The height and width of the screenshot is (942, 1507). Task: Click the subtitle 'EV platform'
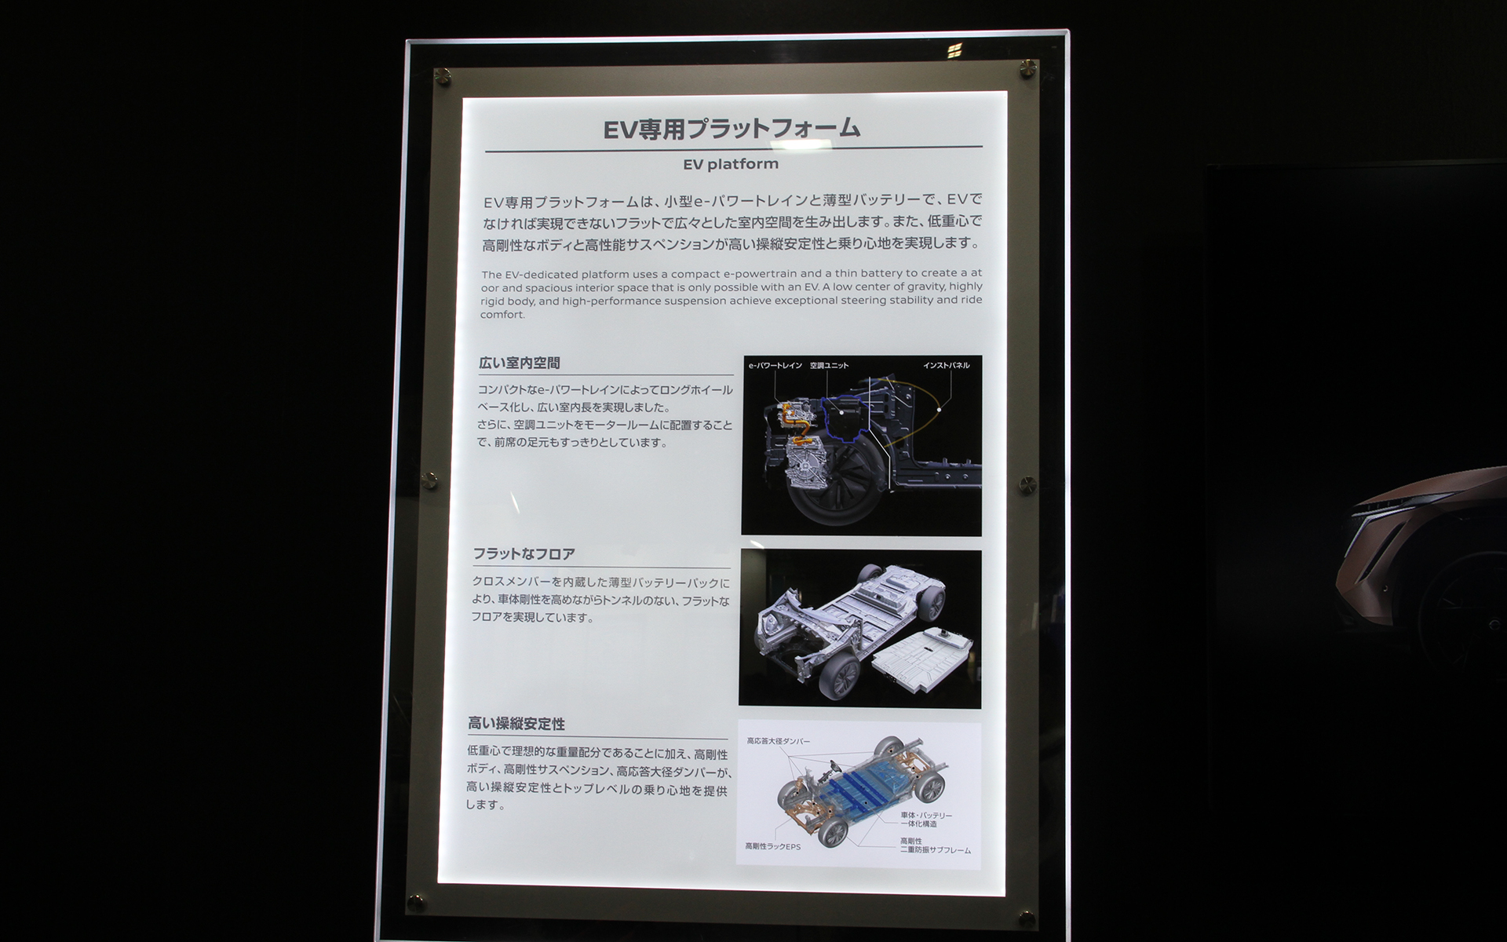pos(730,164)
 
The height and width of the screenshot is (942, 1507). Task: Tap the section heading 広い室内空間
pos(520,363)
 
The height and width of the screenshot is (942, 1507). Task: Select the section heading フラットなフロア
pos(524,554)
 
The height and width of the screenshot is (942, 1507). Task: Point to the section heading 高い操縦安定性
pos(516,724)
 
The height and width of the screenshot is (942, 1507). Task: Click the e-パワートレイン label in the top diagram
pos(775,366)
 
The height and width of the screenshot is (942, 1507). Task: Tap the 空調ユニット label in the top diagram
pos(829,366)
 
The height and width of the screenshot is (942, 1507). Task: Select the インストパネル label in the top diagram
pos(946,366)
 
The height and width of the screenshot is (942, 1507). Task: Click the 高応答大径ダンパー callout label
pos(778,741)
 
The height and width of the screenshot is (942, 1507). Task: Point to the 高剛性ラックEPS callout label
pos(772,847)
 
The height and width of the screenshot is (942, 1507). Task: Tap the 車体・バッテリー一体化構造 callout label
pos(926,820)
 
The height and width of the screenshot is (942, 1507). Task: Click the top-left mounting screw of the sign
pos(442,75)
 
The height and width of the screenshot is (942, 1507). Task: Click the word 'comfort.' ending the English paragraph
pos(502,315)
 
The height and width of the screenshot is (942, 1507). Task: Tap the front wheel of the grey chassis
pos(841,676)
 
